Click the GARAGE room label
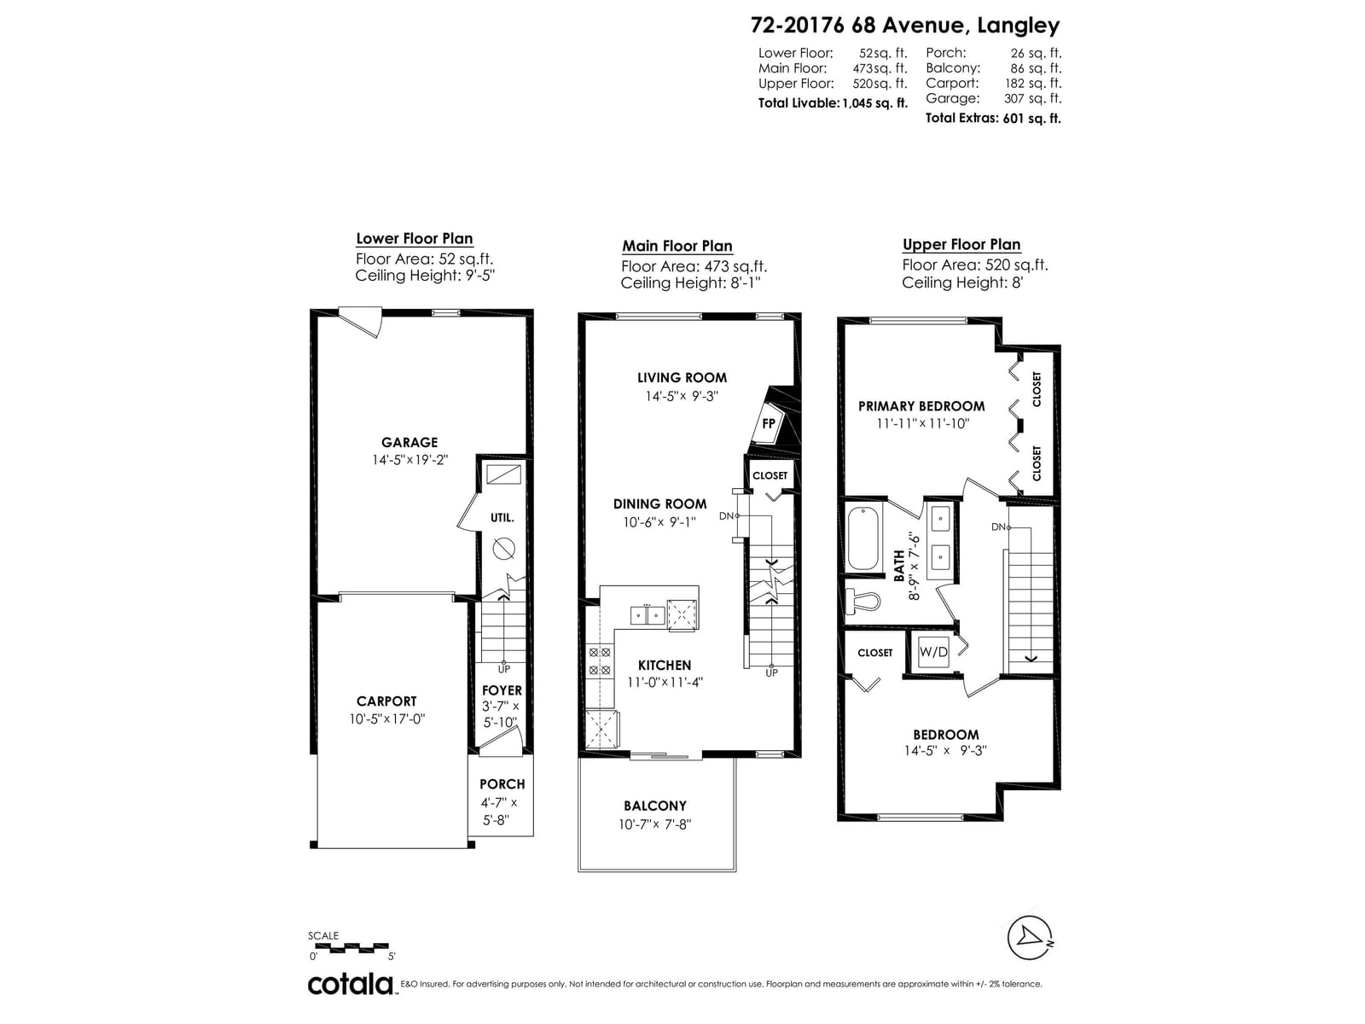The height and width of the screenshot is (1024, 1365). [409, 443]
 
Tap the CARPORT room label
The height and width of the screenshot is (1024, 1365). [386, 701]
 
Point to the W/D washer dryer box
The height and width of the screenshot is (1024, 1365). [933, 652]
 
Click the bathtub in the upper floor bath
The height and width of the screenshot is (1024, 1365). [863, 538]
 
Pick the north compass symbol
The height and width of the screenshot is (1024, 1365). [1030, 938]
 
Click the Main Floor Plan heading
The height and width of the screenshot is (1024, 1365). [677, 247]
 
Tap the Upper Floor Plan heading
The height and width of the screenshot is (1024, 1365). [961, 245]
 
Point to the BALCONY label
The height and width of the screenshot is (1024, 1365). [655, 806]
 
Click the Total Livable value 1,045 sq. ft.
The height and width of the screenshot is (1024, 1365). [875, 104]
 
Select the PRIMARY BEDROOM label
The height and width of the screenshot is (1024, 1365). [921, 407]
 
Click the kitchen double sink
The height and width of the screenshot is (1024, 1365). [648, 615]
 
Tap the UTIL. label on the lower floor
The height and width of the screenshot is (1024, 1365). [502, 518]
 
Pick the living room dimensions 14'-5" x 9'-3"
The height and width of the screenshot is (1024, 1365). [682, 396]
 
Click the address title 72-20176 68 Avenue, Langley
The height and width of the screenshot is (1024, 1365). [905, 26]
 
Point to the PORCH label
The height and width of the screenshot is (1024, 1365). [502, 784]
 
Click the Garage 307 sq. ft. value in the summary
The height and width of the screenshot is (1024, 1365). [1032, 98]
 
